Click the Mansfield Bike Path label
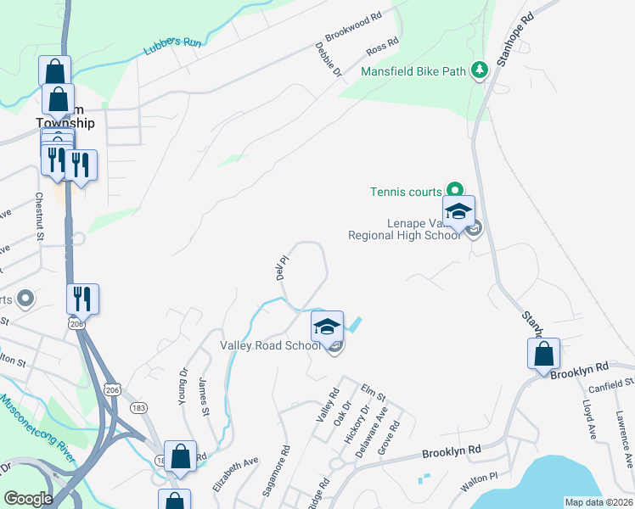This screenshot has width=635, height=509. pyautogui.click(x=413, y=71)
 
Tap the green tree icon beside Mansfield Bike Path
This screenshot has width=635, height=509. pyautogui.click(x=480, y=70)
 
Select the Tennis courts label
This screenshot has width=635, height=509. pyautogui.click(x=406, y=192)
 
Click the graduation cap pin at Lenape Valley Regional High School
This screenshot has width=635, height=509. pyautogui.click(x=458, y=212)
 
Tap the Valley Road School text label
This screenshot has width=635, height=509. pyautogui.click(x=270, y=345)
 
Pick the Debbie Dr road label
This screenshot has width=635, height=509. pyautogui.click(x=328, y=61)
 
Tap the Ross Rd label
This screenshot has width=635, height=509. pyautogui.click(x=382, y=44)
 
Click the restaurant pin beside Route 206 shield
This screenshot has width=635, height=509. pyautogui.click(x=83, y=299)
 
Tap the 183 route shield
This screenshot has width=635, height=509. pyautogui.click(x=139, y=408)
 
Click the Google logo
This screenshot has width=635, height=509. pyautogui.click(x=28, y=500)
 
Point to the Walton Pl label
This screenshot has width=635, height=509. pyautogui.click(x=475, y=484)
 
